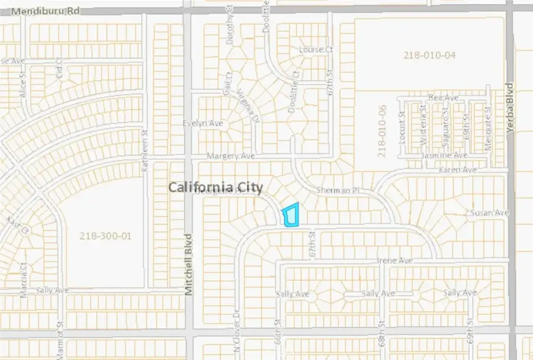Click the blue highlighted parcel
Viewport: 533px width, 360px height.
291,216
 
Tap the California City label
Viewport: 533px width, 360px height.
216,187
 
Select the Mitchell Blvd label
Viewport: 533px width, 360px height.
189,265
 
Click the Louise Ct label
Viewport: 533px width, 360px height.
316,49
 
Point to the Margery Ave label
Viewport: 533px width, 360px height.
230,156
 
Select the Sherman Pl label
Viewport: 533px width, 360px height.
338,191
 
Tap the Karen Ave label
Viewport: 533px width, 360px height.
457,170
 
